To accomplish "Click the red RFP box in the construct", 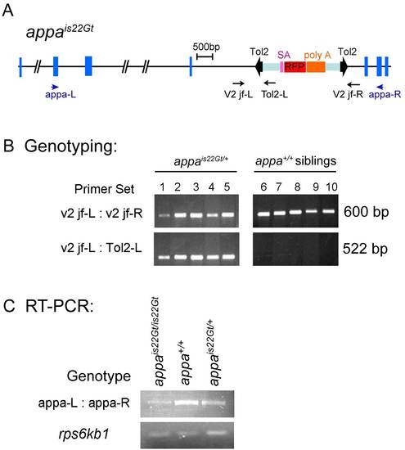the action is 295,67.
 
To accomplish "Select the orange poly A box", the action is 316,67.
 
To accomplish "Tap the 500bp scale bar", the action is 205,56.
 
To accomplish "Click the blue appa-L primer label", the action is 61,94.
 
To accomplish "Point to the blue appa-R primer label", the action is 385,94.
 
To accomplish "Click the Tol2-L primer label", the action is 274,94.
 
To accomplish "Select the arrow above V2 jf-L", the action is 239,83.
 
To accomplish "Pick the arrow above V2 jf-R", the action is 353,84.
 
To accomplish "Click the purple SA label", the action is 284,55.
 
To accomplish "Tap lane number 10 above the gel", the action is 331,187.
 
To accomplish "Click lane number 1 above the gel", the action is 163,187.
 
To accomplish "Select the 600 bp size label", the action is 367,212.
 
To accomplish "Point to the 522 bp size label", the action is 365,249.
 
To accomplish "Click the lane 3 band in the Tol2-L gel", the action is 196,257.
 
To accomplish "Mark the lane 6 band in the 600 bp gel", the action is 264,214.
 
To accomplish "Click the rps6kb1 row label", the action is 83,434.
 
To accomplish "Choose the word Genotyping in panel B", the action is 71,146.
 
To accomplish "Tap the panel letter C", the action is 9,306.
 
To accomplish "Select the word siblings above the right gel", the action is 316,160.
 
